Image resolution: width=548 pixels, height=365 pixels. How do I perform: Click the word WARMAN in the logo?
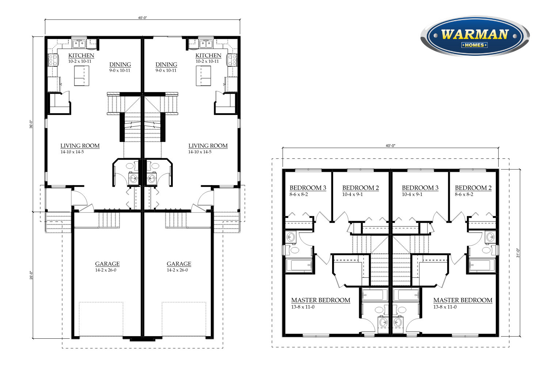tap(475, 34)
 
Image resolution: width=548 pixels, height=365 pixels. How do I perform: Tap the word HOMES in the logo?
tap(474, 45)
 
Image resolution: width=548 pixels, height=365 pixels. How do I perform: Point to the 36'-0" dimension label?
tap(31, 124)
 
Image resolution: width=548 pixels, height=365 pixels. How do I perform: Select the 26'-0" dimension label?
tap(31, 275)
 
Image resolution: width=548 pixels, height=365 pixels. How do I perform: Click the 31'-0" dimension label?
tap(518, 253)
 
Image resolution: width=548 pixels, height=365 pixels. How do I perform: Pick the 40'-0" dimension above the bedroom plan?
tap(391, 146)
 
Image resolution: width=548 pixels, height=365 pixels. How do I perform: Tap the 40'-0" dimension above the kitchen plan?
tap(142, 18)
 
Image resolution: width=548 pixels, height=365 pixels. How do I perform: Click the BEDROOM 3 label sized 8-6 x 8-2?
tap(308, 188)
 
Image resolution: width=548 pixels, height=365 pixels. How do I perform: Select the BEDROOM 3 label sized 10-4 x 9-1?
tap(420, 188)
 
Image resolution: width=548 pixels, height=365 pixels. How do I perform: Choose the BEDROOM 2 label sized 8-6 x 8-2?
tap(473, 188)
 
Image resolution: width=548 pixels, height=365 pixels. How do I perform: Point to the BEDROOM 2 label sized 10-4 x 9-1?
tap(360, 188)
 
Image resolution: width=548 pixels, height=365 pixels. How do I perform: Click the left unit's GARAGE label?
tap(107, 264)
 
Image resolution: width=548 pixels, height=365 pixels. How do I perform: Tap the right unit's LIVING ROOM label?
tap(208, 146)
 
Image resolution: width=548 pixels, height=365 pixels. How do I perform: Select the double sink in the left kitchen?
tap(79, 44)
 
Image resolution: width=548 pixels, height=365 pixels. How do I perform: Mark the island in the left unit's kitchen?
tap(81, 76)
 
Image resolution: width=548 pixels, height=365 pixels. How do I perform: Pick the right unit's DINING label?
tap(166, 65)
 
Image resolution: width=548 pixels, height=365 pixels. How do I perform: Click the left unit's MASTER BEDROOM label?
tap(321, 300)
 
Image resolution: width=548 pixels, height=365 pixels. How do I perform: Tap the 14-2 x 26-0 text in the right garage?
tap(177, 270)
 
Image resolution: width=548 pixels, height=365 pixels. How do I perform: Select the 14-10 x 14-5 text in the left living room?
tap(72, 152)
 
